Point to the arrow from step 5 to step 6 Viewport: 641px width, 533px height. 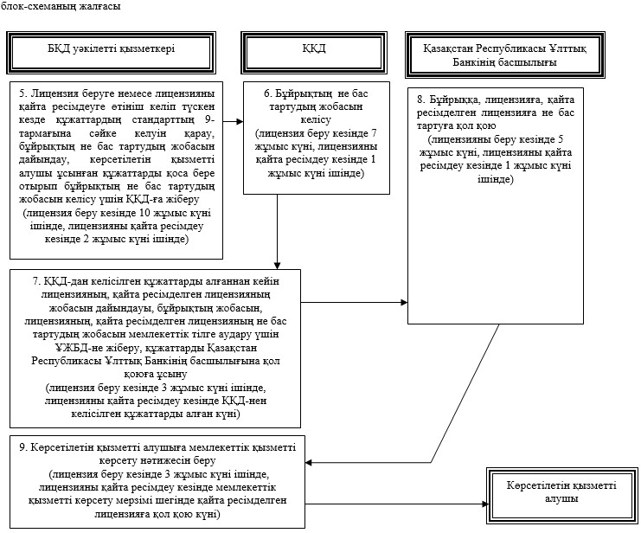coord(233,121)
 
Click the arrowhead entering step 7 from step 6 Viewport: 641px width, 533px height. coord(277,265)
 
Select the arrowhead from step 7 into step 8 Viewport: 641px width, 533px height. coord(404,303)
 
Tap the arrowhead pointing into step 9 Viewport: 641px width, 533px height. coord(309,463)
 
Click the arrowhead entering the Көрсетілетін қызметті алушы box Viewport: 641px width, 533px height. coord(484,504)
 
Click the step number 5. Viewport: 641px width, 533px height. coord(22,93)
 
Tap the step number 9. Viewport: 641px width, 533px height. coord(22,447)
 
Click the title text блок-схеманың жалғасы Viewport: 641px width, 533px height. coord(61,6)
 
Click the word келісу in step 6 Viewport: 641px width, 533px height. coord(316,120)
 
